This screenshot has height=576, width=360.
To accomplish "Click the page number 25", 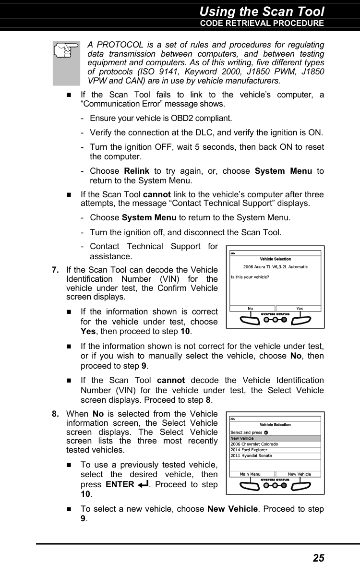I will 318,558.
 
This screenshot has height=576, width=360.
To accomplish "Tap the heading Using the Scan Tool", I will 262,11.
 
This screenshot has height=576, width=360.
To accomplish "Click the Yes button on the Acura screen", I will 300,309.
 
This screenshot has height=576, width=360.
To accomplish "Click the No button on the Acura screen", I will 251,309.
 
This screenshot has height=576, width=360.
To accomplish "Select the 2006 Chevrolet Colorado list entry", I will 254,444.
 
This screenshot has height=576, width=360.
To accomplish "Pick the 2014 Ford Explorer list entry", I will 249,450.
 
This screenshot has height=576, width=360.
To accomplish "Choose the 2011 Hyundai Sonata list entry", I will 251,456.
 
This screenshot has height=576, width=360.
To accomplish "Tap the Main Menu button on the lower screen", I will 251,474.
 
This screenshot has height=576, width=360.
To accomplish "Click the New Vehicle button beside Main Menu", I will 300,474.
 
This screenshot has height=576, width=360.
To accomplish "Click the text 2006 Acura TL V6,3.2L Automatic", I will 276,266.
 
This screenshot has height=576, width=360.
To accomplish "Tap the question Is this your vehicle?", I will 250,276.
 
